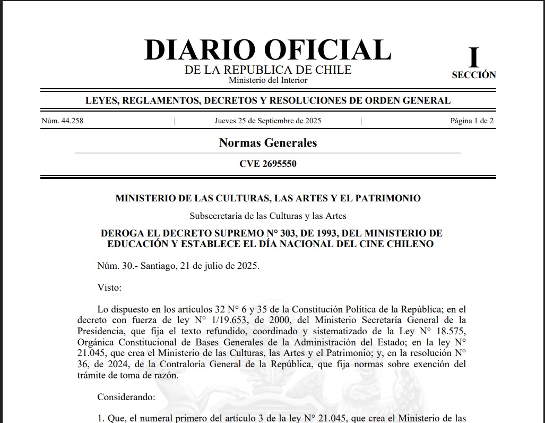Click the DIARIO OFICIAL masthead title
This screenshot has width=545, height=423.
point(267,50)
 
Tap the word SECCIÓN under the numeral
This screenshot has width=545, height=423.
point(473,75)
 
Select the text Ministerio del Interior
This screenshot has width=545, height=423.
point(267,80)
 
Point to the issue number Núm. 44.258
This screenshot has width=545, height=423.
point(62,121)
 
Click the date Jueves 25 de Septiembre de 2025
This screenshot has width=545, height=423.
point(267,121)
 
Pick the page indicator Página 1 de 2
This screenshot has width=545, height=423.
point(472,121)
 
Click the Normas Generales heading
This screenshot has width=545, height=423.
point(267,142)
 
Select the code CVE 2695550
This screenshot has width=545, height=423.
point(267,164)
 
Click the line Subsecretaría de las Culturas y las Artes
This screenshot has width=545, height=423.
point(267,216)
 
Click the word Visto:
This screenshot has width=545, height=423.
point(109,287)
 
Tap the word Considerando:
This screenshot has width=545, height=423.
point(126,396)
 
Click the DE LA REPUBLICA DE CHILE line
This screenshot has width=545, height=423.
point(267,70)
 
